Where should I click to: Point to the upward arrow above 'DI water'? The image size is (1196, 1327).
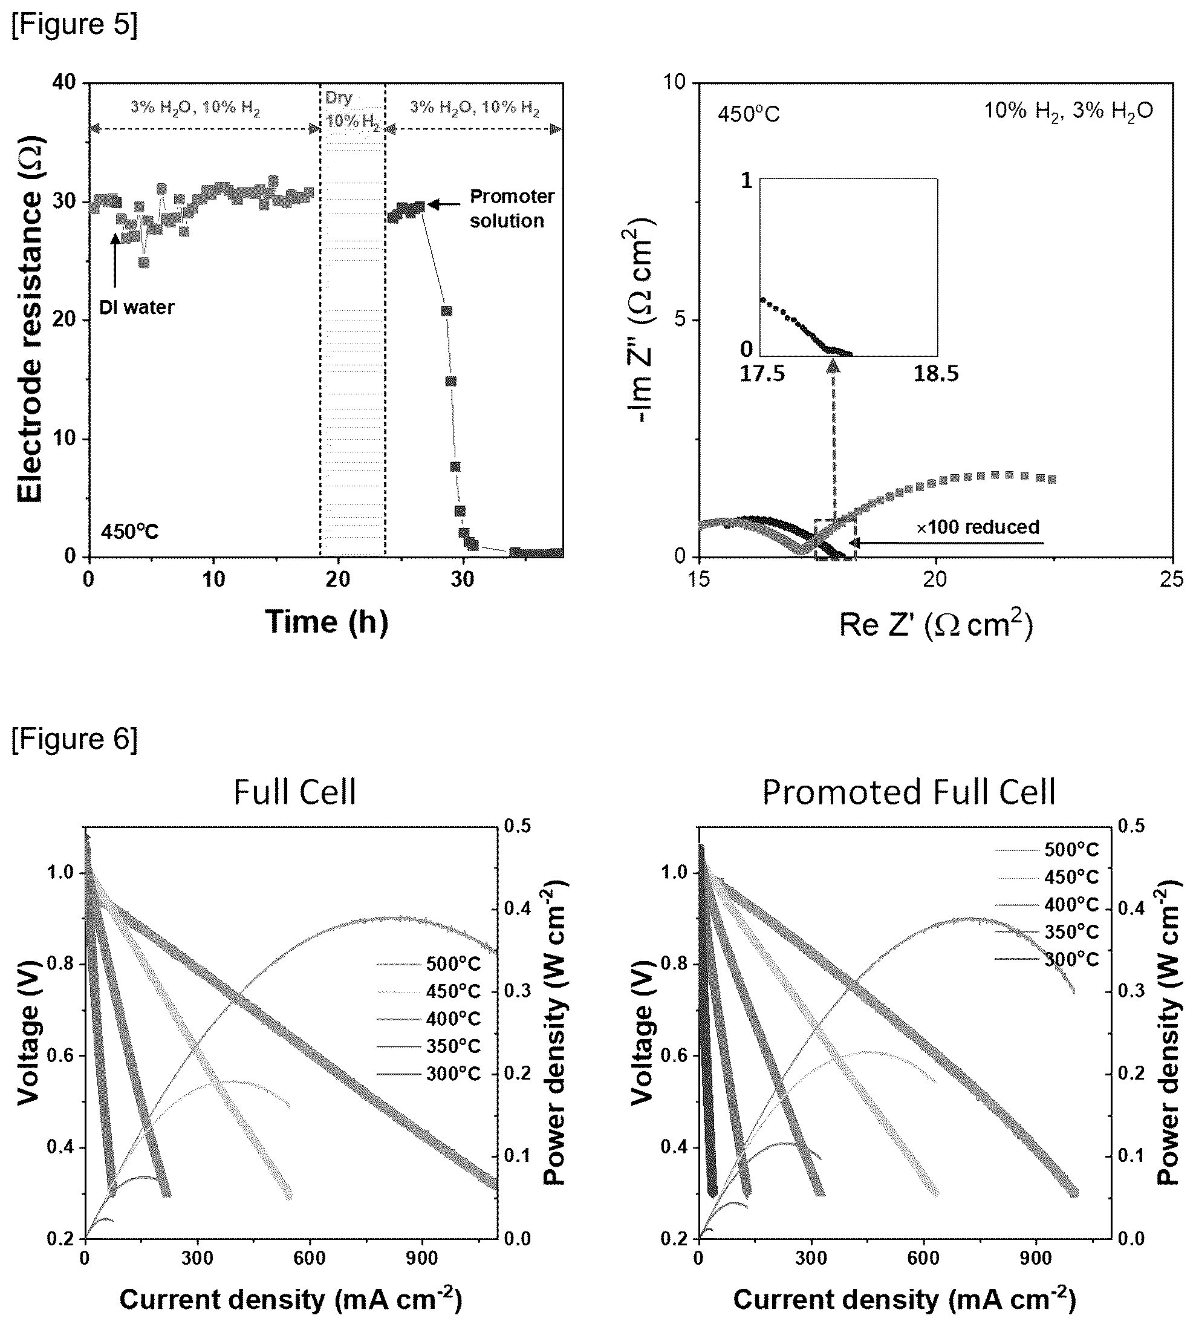(115, 260)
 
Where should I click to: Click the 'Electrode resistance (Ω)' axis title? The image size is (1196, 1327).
(30, 319)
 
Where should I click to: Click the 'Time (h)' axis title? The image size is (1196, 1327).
(327, 621)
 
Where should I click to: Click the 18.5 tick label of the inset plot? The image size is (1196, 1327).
(936, 374)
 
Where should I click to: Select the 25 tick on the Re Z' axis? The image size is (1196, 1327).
(1172, 579)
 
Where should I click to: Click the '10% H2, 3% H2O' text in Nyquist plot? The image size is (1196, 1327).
(1068, 111)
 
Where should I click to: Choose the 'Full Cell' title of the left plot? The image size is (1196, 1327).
(294, 791)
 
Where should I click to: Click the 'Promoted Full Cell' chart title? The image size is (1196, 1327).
(909, 791)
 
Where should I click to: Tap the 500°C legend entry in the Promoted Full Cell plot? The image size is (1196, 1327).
(1047, 850)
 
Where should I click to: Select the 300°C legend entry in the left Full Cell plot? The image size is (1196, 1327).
(429, 1074)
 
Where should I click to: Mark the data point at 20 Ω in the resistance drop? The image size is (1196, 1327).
(447, 311)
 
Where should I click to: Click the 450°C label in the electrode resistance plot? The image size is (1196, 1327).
(129, 532)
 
